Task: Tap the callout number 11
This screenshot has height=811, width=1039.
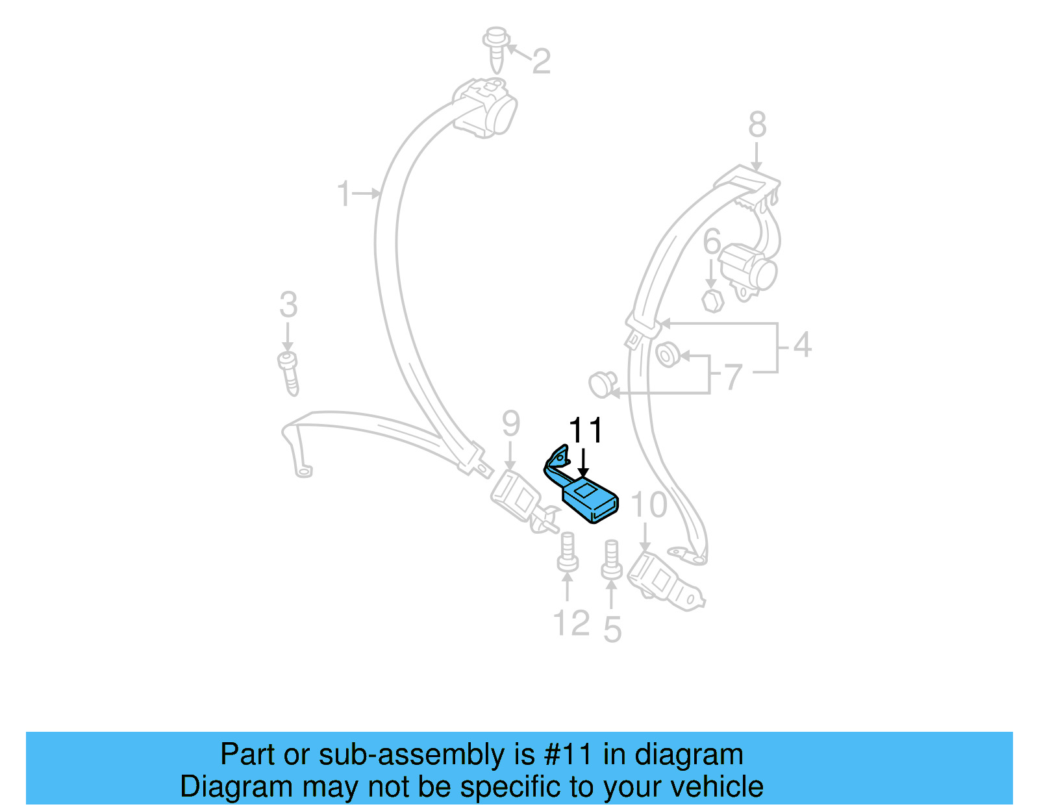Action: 586,430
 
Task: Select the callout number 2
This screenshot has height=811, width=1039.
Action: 541,62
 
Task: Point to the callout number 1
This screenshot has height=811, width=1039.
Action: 344,194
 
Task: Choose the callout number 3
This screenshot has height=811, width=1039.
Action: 288,305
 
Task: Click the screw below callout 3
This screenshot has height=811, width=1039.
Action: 288,373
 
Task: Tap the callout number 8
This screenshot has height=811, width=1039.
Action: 757,125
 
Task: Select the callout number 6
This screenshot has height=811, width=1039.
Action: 712,242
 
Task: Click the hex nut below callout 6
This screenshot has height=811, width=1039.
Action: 712,300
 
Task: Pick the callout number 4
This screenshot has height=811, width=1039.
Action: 803,345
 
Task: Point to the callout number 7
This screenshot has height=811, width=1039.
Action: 733,377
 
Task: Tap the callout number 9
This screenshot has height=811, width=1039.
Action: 511,424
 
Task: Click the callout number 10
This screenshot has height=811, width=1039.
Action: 649,505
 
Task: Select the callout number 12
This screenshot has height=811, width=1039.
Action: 571,623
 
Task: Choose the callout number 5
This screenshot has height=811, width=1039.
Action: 612,629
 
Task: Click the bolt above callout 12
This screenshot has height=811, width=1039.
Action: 568,553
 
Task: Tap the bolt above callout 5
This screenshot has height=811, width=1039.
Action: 611,559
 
